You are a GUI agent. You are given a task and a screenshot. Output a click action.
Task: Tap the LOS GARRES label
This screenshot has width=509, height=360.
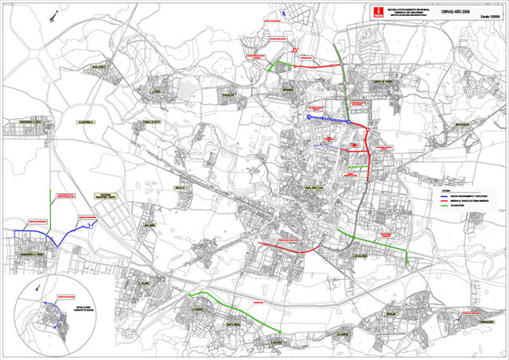pyautogui.click(x=343, y=334)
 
